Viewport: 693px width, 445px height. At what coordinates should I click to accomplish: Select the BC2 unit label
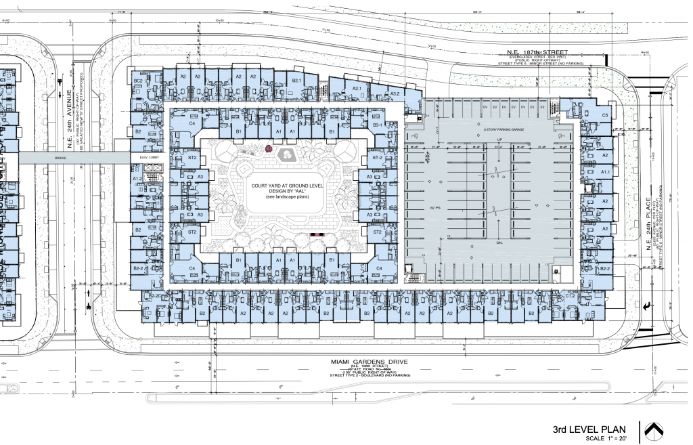coord(137,81)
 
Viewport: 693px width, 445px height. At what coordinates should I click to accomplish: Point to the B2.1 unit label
coord(296,81)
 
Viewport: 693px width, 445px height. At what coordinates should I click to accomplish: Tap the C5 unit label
coord(605,115)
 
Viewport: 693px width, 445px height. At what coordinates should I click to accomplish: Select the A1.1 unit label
coord(606,172)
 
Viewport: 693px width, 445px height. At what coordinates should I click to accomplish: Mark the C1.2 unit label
coord(570,297)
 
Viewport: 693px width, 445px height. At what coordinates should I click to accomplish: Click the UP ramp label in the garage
coord(499,140)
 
